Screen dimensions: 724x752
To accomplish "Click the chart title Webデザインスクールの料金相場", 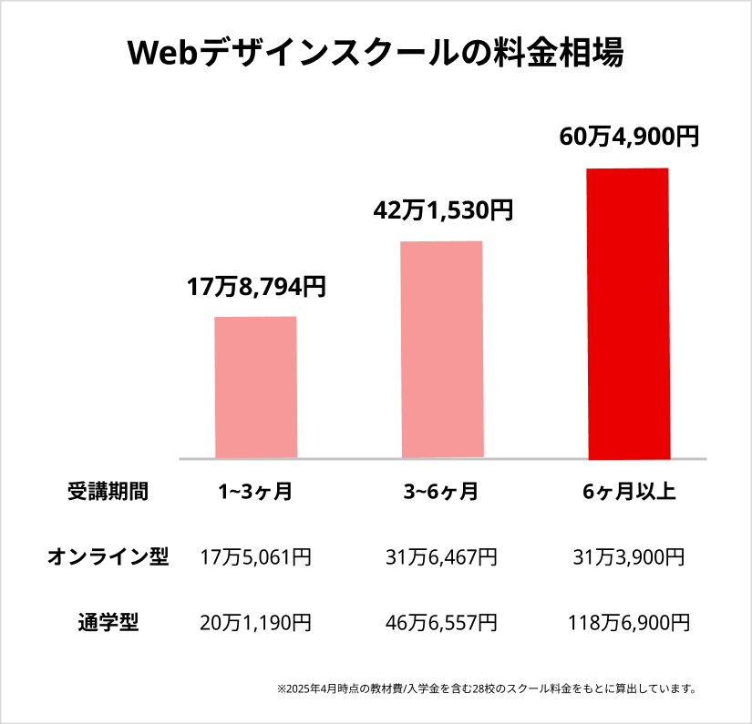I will click(376, 53).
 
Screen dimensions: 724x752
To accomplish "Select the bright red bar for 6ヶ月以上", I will click(628, 313).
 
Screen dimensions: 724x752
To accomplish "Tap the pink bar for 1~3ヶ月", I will click(255, 386).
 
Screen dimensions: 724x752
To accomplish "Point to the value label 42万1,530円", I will click(443, 210).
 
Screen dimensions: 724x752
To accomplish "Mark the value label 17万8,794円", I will click(256, 288).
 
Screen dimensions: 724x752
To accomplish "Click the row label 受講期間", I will click(108, 492).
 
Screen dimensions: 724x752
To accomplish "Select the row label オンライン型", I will click(108, 557).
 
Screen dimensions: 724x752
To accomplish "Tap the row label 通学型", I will click(108, 623).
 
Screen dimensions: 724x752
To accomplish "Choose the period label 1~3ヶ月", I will click(255, 493).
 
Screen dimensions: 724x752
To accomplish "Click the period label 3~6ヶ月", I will click(441, 493).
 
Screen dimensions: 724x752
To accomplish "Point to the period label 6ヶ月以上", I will click(629, 493).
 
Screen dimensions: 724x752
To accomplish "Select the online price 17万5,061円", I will click(255, 557).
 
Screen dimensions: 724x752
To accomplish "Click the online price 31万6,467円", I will click(442, 557).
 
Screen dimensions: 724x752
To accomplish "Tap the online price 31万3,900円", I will click(629, 557).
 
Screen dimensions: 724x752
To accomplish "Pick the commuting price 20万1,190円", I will click(255, 623).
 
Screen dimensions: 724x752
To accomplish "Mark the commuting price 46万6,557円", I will click(442, 623).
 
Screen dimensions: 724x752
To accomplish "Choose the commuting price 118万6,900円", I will click(629, 623).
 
